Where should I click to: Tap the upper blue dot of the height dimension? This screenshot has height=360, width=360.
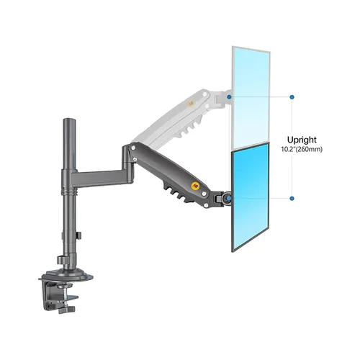(x=292, y=95)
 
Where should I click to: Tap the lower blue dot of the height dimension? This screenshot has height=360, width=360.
(x=292, y=198)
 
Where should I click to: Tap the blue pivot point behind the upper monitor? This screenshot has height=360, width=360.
(x=229, y=95)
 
